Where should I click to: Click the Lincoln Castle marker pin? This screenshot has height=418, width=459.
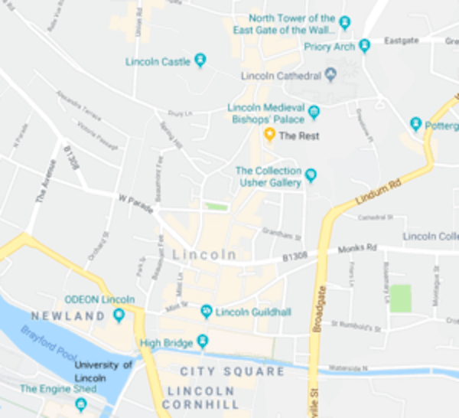click(x=200, y=59)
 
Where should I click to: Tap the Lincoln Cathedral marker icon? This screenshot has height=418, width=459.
click(x=330, y=75)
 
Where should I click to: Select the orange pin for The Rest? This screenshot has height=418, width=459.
click(x=269, y=135)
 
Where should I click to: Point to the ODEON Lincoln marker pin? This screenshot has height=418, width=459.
click(x=119, y=314)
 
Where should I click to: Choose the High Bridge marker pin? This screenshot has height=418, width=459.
click(x=202, y=341)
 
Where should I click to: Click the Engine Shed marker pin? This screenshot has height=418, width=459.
click(x=81, y=403)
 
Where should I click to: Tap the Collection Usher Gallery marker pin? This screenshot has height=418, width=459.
click(x=311, y=176)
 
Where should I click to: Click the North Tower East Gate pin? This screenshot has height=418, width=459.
click(x=344, y=22)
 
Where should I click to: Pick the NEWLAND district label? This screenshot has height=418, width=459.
click(x=67, y=316)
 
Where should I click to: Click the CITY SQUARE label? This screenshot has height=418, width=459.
click(x=232, y=371)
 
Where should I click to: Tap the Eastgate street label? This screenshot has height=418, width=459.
click(x=402, y=41)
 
